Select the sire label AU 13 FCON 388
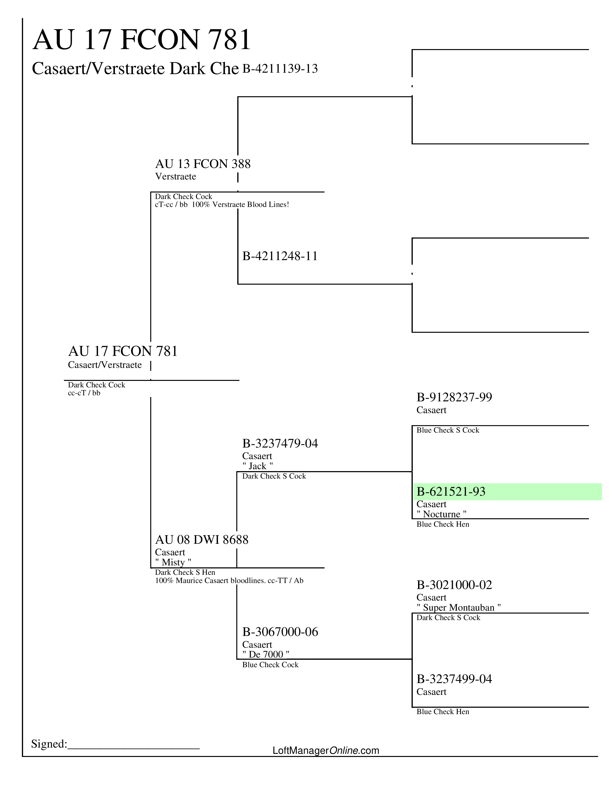pyautogui.click(x=203, y=164)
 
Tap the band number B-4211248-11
pyautogui.click(x=280, y=256)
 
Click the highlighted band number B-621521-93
pyautogui.click(x=451, y=492)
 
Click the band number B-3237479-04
pyautogui.click(x=280, y=443)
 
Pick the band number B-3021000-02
pyautogui.click(x=454, y=585)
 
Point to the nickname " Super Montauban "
pyautogui.click(x=459, y=608)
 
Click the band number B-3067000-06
pyautogui.click(x=280, y=632)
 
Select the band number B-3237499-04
pyautogui.click(x=454, y=679)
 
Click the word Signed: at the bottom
pyautogui.click(x=49, y=744)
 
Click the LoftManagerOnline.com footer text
pyautogui.click(x=326, y=750)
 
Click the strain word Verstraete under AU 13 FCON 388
pyautogui.click(x=175, y=177)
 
